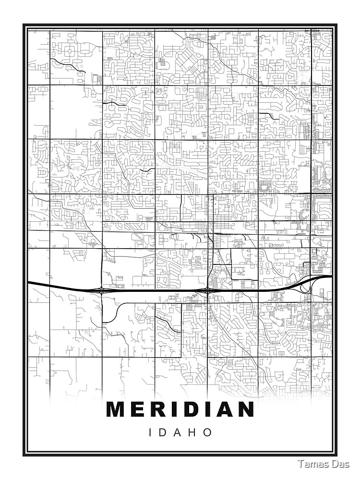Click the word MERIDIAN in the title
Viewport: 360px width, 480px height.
pos(180,409)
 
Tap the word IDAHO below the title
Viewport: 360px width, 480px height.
pos(181,432)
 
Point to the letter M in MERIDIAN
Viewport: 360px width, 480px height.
pos(116,409)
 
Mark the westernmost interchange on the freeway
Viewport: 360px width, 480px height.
pos(102,289)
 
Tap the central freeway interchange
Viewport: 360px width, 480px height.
pos(207,290)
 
